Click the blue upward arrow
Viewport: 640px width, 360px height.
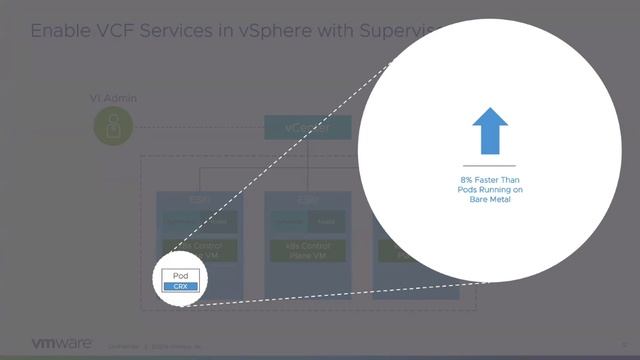pos(489,131)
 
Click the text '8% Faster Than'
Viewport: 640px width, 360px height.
pos(489,180)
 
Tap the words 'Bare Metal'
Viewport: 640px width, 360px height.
pos(489,199)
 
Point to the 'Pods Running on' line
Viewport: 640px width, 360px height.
pos(489,190)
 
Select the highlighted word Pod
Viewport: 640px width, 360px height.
pos(180,276)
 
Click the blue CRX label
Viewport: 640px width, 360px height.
pos(180,286)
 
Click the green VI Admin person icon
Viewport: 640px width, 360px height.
pos(113,126)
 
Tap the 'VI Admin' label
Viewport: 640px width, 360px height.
pos(113,98)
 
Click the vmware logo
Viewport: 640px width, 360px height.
pos(62,342)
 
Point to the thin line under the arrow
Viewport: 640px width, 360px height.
pos(489,165)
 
